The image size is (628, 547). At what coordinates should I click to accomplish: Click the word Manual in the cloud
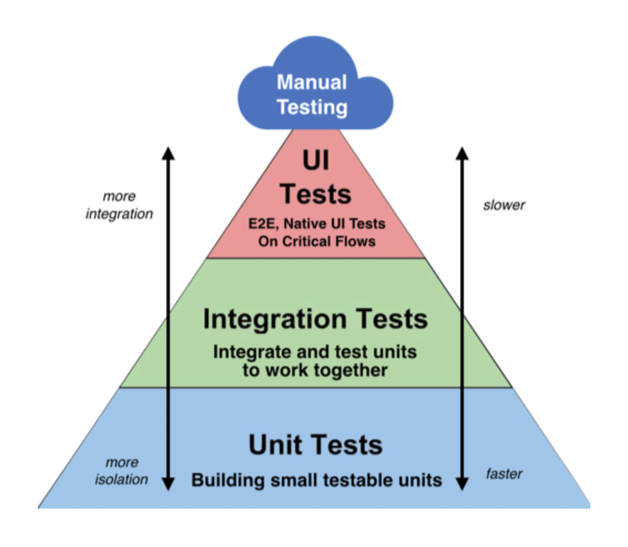point(312,82)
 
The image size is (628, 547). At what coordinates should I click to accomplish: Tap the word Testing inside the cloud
point(312,107)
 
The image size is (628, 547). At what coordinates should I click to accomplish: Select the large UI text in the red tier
point(315,161)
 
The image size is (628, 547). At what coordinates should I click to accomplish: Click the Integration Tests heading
point(315,320)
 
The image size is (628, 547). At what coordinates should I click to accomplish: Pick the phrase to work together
point(315,370)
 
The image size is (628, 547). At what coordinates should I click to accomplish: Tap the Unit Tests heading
point(315,445)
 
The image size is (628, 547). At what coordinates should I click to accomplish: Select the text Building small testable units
point(316,480)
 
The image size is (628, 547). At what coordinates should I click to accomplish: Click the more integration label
point(119,205)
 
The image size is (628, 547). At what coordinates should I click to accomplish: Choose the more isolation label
point(121,471)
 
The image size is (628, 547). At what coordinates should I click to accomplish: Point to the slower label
point(504,205)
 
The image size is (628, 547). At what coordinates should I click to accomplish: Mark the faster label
point(504,474)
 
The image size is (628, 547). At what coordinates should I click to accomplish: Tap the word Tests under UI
point(315,194)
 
